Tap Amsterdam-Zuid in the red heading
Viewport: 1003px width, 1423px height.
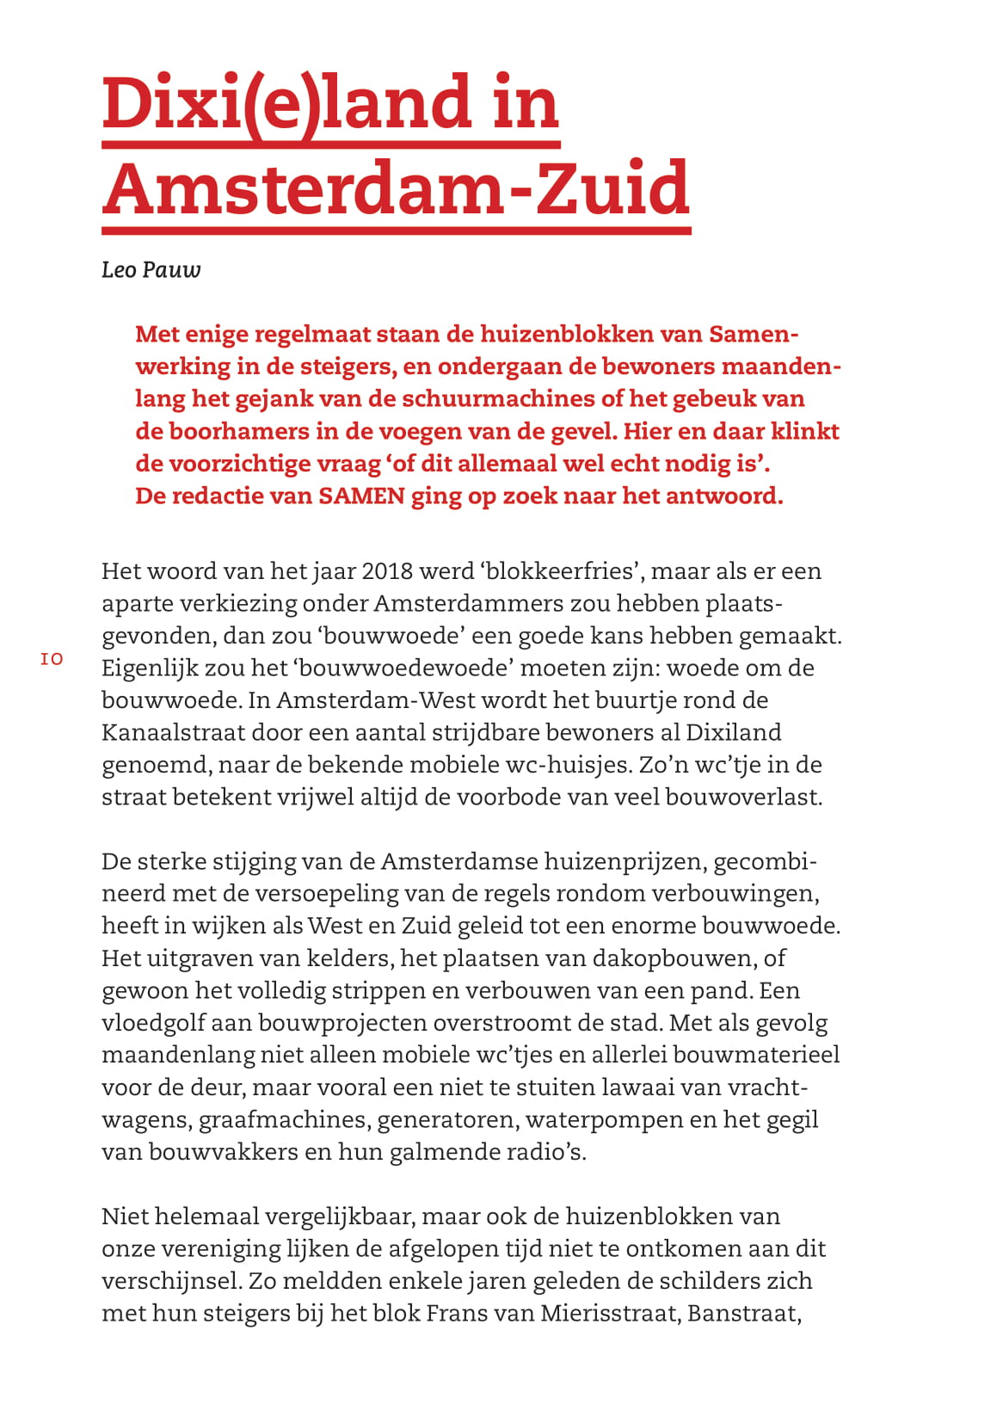pyautogui.click(x=397, y=188)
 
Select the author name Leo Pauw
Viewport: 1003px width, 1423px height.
pyautogui.click(x=151, y=270)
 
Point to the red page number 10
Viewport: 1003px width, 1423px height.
pyautogui.click(x=52, y=659)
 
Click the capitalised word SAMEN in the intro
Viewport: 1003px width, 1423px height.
pyautogui.click(x=361, y=496)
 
